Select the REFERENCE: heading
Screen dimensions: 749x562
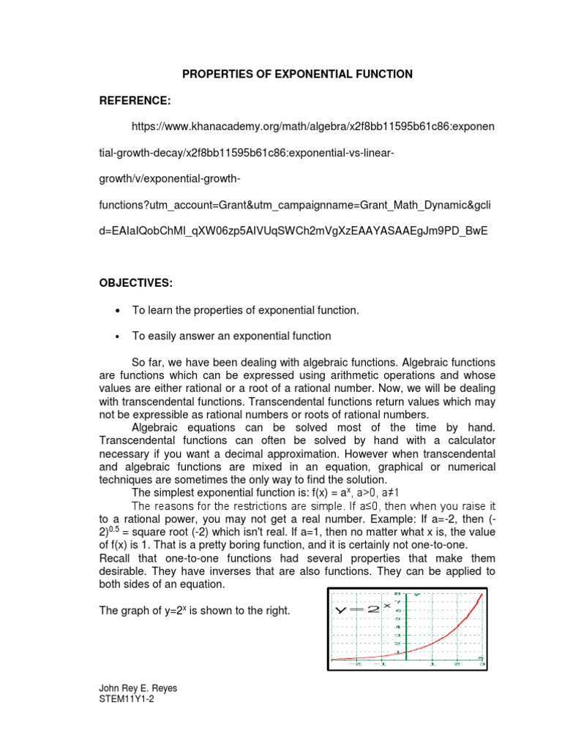[135, 100]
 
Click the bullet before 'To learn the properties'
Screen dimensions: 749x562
[118, 310]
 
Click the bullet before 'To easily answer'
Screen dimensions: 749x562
[118, 336]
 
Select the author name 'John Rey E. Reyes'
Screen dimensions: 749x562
[137, 688]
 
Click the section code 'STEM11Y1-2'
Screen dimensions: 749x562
[126, 699]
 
